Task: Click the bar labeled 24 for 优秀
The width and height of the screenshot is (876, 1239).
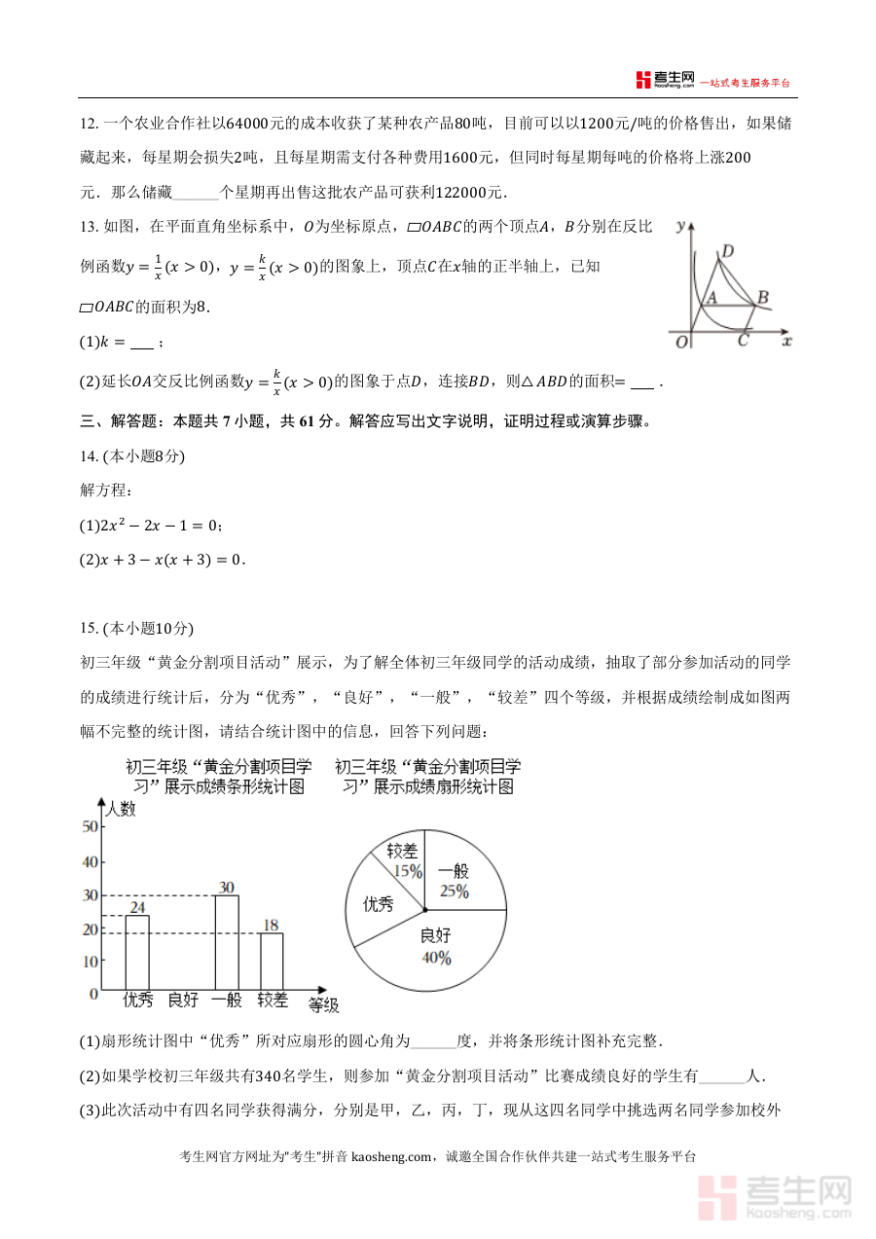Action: click(137, 952)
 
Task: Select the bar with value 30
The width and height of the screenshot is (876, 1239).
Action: click(227, 941)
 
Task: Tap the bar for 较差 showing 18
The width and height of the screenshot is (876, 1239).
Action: click(272, 961)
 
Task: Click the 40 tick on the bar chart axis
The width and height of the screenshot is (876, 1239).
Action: click(91, 862)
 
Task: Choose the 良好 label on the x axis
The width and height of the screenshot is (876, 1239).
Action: click(183, 1000)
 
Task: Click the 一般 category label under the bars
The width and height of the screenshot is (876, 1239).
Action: click(227, 1000)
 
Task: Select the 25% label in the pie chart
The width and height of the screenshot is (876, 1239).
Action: click(454, 891)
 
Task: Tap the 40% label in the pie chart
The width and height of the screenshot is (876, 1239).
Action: click(436, 958)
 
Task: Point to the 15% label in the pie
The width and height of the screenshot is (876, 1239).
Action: click(408, 870)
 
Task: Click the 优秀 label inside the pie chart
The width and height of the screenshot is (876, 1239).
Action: click(379, 904)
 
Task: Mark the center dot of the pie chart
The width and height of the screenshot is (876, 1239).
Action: click(425, 910)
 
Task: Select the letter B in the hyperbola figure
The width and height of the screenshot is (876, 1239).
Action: click(763, 297)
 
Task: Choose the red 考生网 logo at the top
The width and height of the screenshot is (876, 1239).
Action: click(666, 80)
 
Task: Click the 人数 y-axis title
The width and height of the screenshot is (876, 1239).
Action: click(122, 809)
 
